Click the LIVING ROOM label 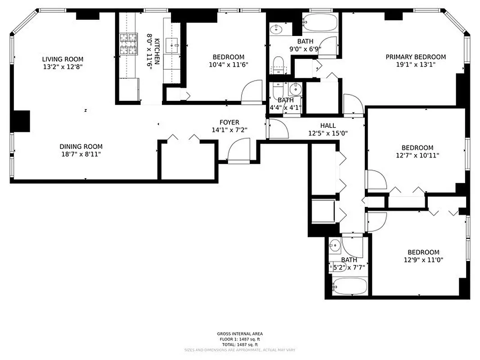[x=63, y=59]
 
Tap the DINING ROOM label [x=81, y=146]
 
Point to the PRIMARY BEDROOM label [x=416, y=57]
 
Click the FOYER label [x=229, y=122]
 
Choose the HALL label [x=328, y=126]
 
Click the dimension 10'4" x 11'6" [x=229, y=64]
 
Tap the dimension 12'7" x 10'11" [x=417, y=155]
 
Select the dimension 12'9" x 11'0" [x=423, y=260]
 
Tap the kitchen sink [x=173, y=45]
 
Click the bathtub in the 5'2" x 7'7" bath [x=350, y=285]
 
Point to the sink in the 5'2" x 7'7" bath [x=335, y=246]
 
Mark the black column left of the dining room [x=20, y=121]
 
